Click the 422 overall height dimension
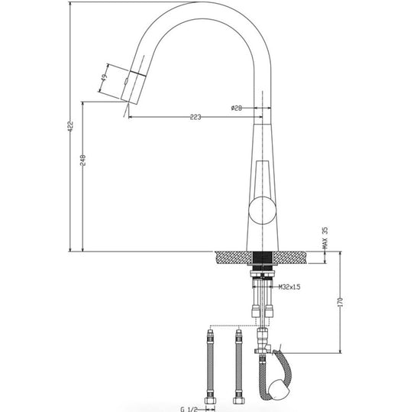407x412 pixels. pyautogui.click(x=70, y=126)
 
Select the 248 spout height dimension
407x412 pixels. pyautogui.click(x=82, y=161)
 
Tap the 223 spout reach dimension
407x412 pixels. pyautogui.click(x=195, y=117)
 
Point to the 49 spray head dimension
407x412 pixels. pyautogui.click(x=104, y=77)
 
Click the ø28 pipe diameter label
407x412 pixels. pyautogui.click(x=237, y=108)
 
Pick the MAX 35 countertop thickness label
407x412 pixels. pyautogui.click(x=325, y=238)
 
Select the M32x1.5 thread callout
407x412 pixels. pyautogui.click(x=289, y=287)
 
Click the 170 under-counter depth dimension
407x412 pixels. pyautogui.click(x=341, y=302)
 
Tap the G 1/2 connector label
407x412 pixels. pyautogui.click(x=189, y=409)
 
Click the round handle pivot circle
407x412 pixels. pyautogui.click(x=263, y=210)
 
